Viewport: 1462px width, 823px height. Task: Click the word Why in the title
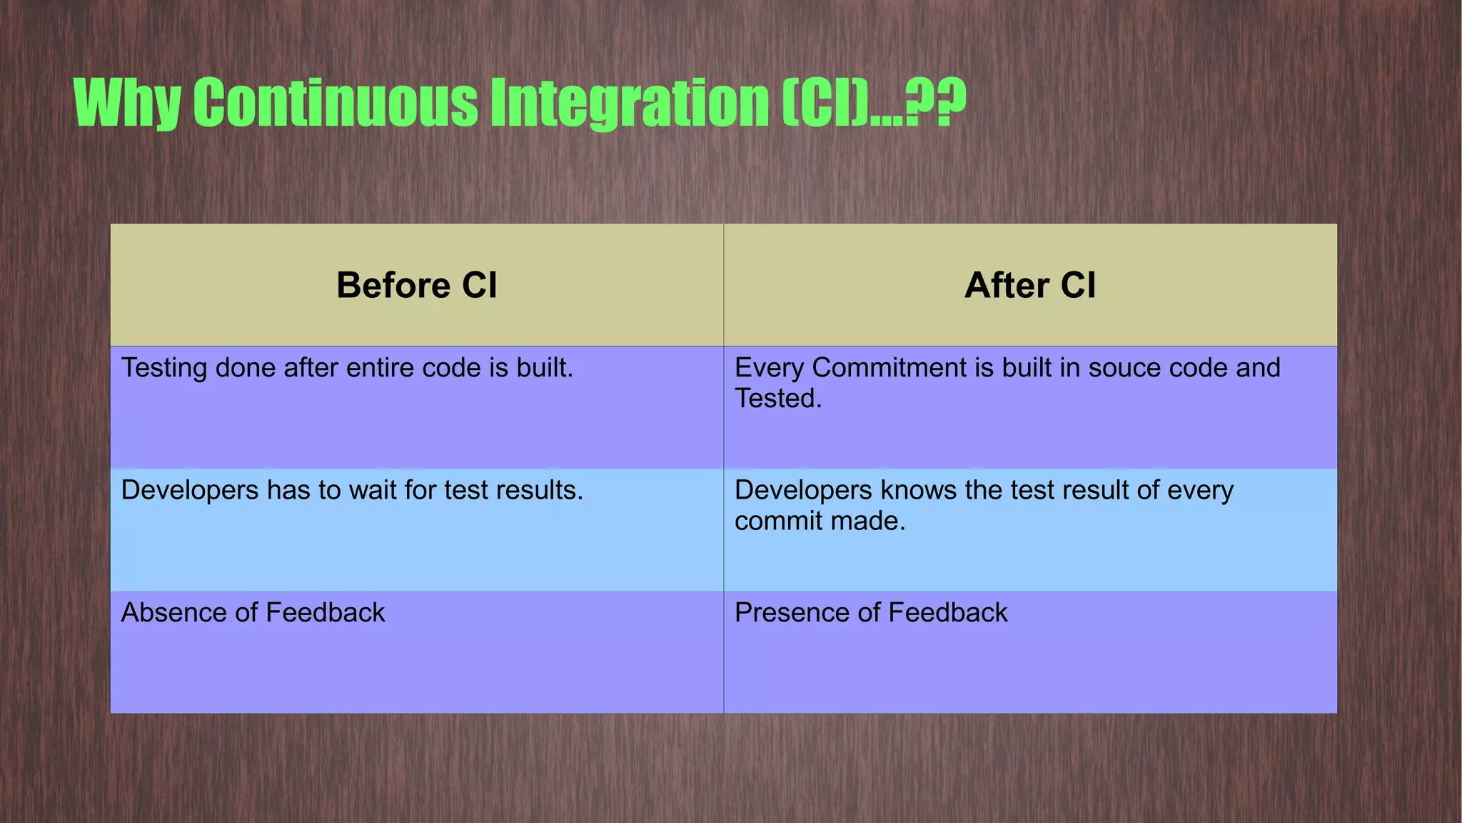pyautogui.click(x=127, y=104)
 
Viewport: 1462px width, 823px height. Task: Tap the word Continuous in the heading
pyautogui.click(x=336, y=104)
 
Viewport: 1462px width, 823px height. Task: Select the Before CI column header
pyautogui.click(x=417, y=285)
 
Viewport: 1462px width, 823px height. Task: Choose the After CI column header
pyautogui.click(x=1029, y=285)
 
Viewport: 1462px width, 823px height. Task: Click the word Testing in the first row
pyautogui.click(x=164, y=369)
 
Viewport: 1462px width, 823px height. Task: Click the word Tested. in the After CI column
pyautogui.click(x=778, y=399)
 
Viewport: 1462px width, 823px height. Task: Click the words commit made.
pyautogui.click(x=820, y=522)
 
